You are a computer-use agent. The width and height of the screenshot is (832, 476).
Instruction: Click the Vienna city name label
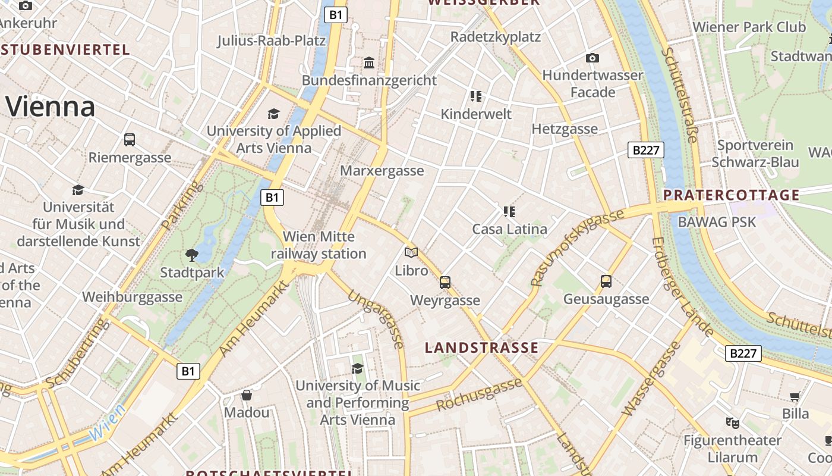tap(51, 107)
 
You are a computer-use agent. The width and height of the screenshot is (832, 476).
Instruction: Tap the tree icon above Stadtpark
tap(192, 255)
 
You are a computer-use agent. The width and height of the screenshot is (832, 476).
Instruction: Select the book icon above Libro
tap(411, 253)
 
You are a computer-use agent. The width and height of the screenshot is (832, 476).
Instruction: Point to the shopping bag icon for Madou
tap(247, 395)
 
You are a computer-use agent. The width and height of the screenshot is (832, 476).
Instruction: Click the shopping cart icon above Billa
tap(795, 396)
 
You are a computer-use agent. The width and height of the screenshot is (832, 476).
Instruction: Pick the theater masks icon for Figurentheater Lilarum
tap(732, 423)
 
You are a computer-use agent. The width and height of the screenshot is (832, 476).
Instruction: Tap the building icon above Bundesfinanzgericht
tap(369, 62)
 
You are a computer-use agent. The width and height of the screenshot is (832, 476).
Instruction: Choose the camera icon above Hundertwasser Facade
tap(592, 58)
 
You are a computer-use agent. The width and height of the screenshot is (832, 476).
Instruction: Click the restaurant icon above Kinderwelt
tap(475, 96)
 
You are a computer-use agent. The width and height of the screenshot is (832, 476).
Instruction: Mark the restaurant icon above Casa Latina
tap(509, 211)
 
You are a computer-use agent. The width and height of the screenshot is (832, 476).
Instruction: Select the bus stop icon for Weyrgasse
tap(445, 283)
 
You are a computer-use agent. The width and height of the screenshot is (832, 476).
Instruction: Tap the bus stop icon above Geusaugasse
tap(606, 281)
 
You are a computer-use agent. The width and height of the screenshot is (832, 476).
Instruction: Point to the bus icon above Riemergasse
tap(130, 140)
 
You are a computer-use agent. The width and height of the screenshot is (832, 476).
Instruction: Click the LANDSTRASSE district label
tap(482, 348)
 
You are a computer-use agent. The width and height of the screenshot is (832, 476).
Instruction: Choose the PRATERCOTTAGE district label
tap(731, 195)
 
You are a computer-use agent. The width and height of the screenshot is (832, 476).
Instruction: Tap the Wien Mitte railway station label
tap(319, 245)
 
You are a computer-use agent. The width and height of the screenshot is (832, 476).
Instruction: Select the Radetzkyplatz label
tap(496, 37)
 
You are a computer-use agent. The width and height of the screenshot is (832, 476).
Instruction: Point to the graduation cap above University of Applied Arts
tap(273, 114)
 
